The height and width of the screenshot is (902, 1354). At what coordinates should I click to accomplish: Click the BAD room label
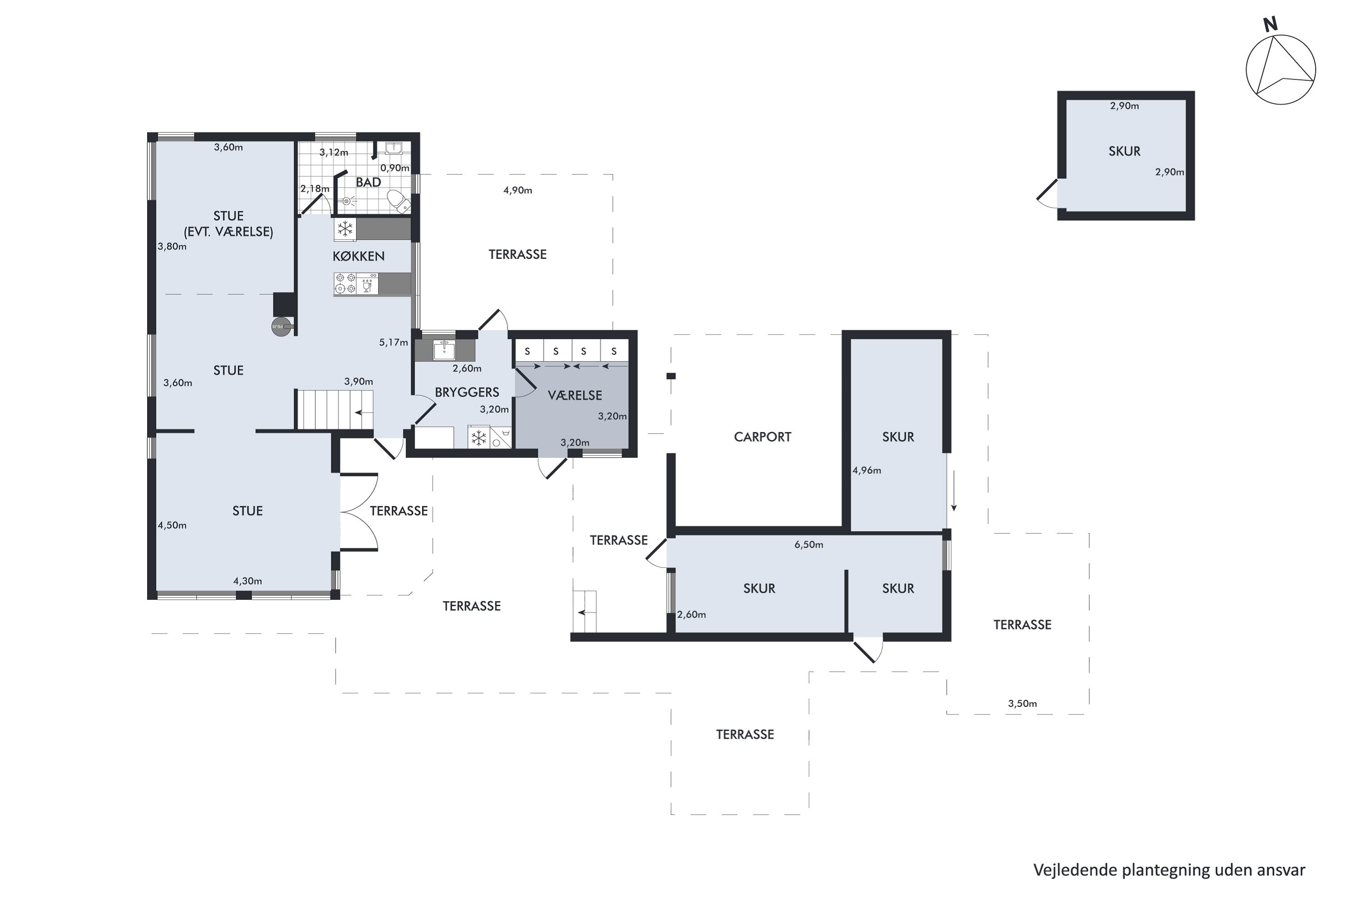coord(368,182)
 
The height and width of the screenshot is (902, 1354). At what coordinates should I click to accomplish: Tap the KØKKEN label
coord(359,256)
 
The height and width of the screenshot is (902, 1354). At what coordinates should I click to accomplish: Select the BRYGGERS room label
coord(467,392)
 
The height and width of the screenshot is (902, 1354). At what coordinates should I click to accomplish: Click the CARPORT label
coord(762,437)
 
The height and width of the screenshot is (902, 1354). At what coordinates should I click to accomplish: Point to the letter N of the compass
coord(1271,24)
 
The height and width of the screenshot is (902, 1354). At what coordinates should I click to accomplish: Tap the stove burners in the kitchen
coord(345,284)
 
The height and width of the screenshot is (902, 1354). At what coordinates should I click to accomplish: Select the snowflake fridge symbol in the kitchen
coord(345,230)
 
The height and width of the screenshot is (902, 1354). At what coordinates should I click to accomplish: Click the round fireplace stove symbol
coord(281,327)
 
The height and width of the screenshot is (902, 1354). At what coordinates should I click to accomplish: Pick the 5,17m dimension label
coord(393,342)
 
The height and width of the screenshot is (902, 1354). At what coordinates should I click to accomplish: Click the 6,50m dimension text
coord(809,545)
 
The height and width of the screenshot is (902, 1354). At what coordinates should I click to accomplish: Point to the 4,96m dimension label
coord(867,470)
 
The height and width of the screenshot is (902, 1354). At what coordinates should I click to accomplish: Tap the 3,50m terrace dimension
coord(1022,704)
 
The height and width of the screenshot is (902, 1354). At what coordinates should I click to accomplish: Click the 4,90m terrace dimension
coord(518,190)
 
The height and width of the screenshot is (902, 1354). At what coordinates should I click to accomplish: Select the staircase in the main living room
coord(334,409)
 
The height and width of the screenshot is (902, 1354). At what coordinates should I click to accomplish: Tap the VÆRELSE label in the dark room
coord(575,396)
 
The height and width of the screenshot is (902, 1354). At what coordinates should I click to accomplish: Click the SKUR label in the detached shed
coord(1124,151)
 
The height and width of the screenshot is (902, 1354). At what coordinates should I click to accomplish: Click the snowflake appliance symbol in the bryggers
coord(478,438)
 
